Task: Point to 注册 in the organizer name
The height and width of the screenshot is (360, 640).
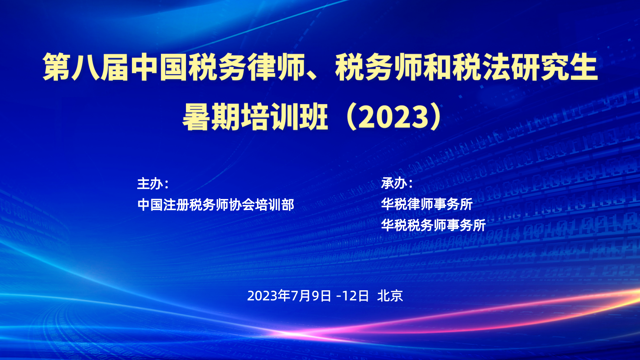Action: pos(176,205)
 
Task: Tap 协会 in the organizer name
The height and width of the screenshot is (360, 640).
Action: pos(242,205)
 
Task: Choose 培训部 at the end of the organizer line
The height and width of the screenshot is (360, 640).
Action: pos(275,205)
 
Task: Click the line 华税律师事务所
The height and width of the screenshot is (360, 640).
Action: pos(427,204)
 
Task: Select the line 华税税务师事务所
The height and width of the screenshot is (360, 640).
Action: pos(434,225)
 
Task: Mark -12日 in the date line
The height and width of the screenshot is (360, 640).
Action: pos(353,296)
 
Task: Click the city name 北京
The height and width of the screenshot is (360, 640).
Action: pos(390,296)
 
